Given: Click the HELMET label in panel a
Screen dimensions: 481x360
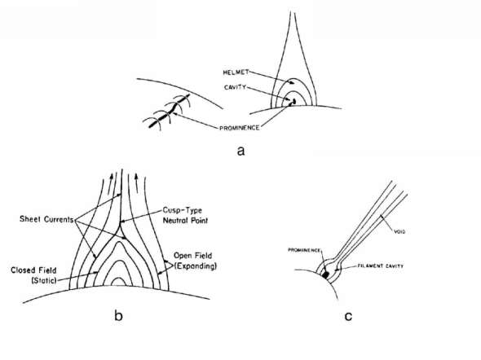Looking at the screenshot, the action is (x=236, y=72).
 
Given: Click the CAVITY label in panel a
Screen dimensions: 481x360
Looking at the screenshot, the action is (x=236, y=87).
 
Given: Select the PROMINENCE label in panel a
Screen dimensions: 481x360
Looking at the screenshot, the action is (x=240, y=128).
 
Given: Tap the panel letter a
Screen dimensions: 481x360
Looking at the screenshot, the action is (x=240, y=151).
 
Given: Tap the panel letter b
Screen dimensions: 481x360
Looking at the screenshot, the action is (x=118, y=315).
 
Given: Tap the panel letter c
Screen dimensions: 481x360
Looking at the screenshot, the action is (x=348, y=317).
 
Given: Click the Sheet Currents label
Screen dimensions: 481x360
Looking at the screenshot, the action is (x=46, y=219).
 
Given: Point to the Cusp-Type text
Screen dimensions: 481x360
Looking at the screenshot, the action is (x=183, y=211).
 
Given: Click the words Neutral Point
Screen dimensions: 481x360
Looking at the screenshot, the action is (x=185, y=220).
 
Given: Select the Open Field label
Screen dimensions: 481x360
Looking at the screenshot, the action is (x=192, y=256).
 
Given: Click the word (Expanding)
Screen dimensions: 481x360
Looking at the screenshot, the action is (x=196, y=266).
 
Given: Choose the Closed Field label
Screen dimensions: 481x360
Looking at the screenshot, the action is (x=33, y=270).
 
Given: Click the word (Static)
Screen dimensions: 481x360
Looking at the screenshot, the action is (x=44, y=280).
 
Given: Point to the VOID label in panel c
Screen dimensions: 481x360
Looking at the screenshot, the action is (x=399, y=232).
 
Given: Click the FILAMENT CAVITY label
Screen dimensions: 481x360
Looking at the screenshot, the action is (x=381, y=266).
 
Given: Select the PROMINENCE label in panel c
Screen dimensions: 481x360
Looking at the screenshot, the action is (x=304, y=250).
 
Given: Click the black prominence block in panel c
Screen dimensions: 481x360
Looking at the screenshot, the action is (x=326, y=274).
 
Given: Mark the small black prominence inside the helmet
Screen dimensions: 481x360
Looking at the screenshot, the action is (x=293, y=102).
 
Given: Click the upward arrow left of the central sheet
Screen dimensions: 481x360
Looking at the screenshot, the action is (x=111, y=179).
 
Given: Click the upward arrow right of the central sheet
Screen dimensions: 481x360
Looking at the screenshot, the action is (x=136, y=180).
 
